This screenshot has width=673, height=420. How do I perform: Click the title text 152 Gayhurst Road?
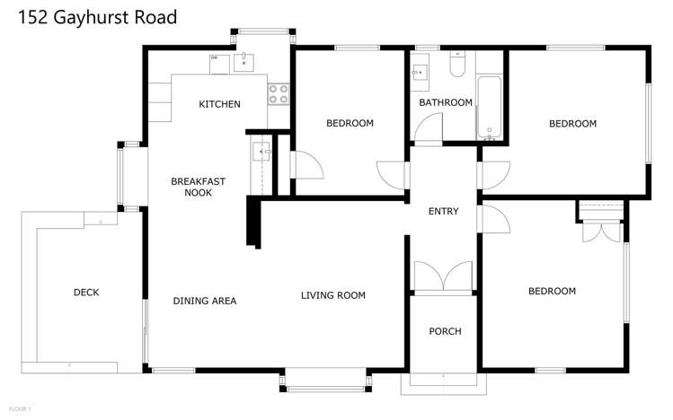coord(88,17)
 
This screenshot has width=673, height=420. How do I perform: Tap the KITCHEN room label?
coord(219,104)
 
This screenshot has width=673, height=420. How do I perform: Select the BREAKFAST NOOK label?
coord(198,187)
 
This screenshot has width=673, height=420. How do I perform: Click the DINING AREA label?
coord(205,301)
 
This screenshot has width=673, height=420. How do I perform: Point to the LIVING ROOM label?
coord(332,295)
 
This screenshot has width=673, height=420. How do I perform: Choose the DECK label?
coord(86,293)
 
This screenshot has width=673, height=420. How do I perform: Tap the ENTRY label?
coord(443,212)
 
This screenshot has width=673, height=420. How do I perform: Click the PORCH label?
coord(445,331)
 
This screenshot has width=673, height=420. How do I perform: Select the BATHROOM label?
coord(445,102)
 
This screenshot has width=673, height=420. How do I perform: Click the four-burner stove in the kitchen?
coord(279,92)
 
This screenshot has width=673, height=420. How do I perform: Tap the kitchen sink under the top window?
coord(245,62)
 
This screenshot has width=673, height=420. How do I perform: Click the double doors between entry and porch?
coord(443,276)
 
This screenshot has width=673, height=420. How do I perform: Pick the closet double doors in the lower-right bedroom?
coord(601,230)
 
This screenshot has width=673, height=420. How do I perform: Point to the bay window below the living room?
coord(326,381)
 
